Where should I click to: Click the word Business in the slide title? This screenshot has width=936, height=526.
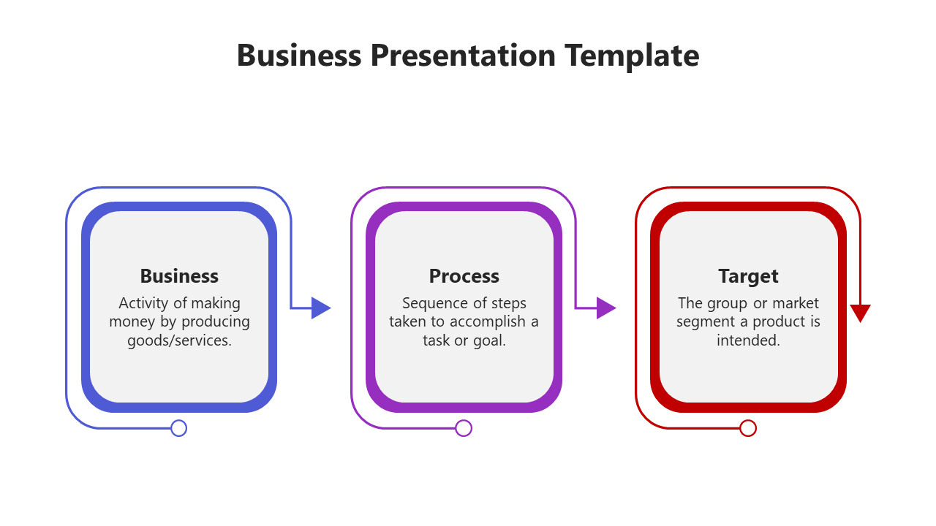pos(298,56)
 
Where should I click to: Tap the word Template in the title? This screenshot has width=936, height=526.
pos(632,56)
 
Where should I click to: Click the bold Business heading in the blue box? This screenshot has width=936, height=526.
pos(179,276)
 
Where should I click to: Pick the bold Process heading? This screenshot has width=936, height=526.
pos(464,276)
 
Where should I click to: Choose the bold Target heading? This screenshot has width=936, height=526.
pos(748,276)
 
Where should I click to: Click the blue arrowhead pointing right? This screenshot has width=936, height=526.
pos(320,308)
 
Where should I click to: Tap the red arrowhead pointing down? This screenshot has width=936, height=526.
pos(860,313)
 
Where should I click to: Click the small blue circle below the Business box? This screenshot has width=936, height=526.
pos(178,428)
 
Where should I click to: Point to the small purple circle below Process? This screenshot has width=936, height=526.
pos(463,428)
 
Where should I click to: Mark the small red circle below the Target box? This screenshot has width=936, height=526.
pos(747,428)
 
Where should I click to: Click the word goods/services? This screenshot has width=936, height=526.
pos(179,340)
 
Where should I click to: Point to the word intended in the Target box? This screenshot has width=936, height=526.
pos(748,340)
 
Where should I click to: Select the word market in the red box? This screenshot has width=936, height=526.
pos(796,303)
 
